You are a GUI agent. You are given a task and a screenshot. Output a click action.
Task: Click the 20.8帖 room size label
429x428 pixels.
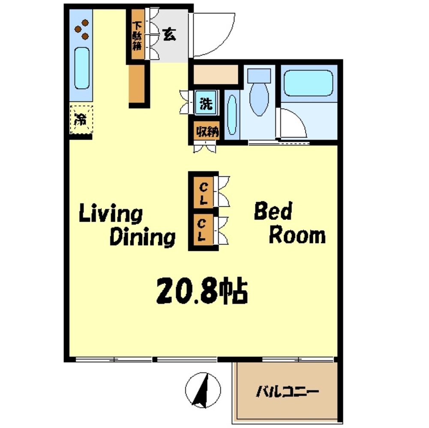202,291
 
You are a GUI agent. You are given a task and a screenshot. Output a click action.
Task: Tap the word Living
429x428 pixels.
111,214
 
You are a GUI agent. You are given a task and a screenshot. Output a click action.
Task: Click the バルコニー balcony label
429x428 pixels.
287,392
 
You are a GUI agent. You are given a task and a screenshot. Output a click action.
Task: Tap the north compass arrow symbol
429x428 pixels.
203,390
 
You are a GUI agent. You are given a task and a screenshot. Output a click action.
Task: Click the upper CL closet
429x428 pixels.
203,193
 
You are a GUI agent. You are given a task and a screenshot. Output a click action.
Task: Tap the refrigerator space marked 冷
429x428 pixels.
81,119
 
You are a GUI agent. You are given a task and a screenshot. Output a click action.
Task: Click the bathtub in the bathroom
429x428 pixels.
308,83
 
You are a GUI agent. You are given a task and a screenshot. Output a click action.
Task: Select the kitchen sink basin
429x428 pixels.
82,68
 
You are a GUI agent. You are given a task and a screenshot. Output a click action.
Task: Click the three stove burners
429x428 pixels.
82,29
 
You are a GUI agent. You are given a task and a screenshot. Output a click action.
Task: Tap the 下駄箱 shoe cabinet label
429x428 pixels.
137,36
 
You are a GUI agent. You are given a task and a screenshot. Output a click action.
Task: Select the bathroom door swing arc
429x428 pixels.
292,123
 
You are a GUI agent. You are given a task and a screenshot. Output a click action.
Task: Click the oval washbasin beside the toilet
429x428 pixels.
232,115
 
